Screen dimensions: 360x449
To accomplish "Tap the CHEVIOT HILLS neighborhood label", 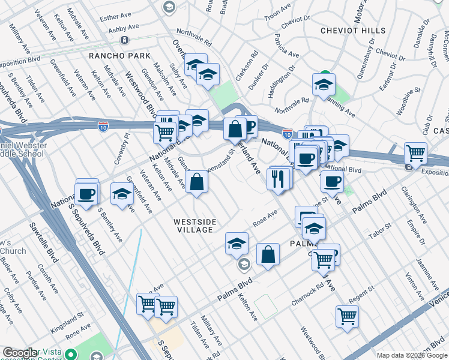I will pyautogui.click(x=353, y=31).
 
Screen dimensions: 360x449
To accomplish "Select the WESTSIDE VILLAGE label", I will pyautogui.click(x=194, y=226).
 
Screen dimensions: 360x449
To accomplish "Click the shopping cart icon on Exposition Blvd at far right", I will pyautogui.click(x=415, y=154).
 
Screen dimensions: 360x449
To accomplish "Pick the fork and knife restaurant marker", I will pyautogui.click(x=278, y=179).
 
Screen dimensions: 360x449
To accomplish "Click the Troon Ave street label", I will pyautogui.click(x=277, y=11).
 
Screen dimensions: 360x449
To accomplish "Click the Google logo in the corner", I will pyautogui.click(x=20, y=353).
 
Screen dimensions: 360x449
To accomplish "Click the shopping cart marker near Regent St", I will pyautogui.click(x=347, y=316).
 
